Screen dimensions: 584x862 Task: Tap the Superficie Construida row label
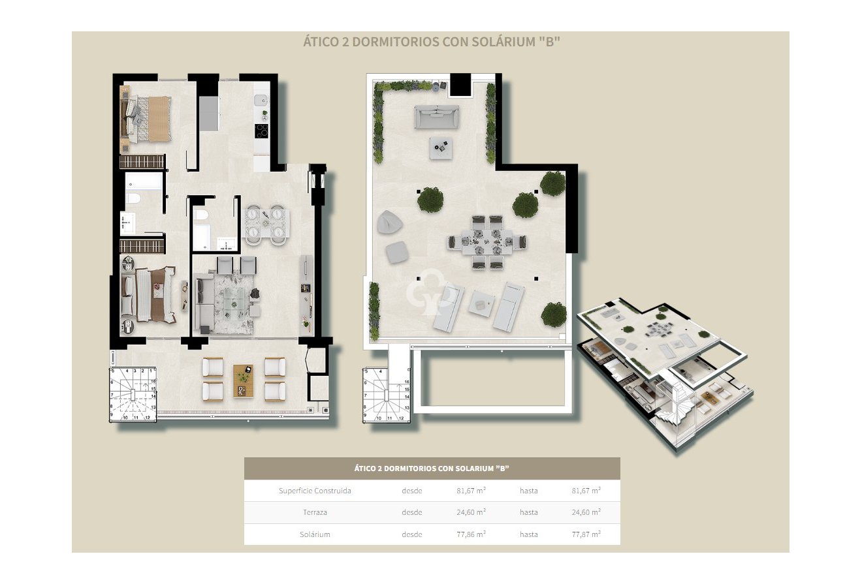pos(314,491)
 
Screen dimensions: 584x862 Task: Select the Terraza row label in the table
pos(315,512)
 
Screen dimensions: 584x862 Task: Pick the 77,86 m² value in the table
pos(470,534)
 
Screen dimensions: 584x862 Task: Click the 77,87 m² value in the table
pos(586,534)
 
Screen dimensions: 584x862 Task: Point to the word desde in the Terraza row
pos(411,512)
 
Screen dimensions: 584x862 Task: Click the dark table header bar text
pos(432,469)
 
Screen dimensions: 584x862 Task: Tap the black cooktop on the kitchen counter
pos(262,130)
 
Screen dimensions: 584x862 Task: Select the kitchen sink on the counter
pos(261,100)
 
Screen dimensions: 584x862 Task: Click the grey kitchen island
pos(209,114)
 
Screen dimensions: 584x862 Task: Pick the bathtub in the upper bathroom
pos(144,181)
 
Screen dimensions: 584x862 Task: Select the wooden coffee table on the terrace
pos(243,380)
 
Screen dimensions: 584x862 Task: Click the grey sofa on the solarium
pos(436,117)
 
